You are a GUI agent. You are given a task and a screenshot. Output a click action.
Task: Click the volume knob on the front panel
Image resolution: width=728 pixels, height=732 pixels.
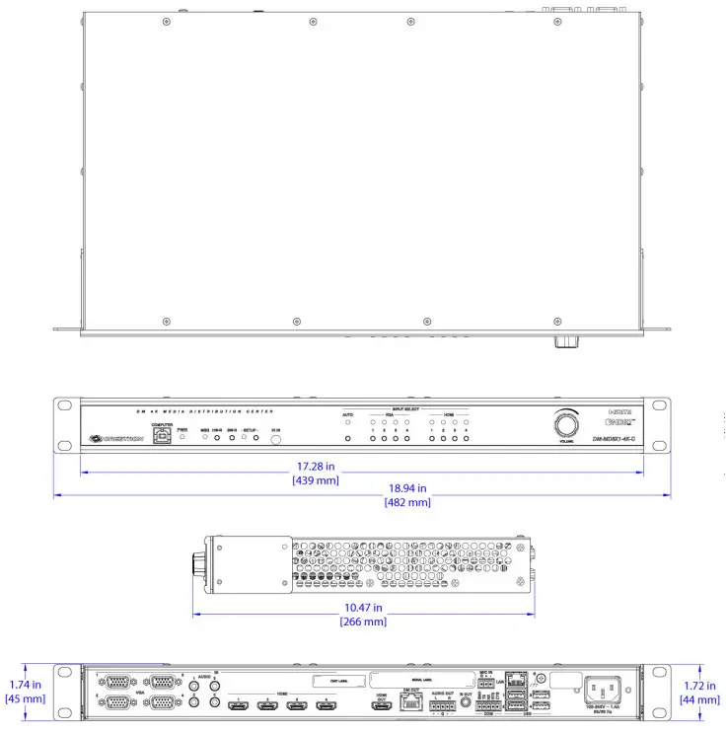point(566,425)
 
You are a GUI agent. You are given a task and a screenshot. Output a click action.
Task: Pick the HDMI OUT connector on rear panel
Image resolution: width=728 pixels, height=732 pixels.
point(380,706)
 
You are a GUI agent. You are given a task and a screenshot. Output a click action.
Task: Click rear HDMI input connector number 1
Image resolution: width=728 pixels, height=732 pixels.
point(239,706)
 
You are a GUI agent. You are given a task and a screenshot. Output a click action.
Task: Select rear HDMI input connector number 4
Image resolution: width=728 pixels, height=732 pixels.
point(325,706)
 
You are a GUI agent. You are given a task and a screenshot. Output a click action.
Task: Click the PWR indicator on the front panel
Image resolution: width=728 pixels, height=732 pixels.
point(182,436)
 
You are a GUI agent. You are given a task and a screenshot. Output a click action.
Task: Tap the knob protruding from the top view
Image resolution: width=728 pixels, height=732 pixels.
point(566,342)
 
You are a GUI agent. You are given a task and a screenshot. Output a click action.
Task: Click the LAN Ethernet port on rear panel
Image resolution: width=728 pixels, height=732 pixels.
point(515,682)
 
